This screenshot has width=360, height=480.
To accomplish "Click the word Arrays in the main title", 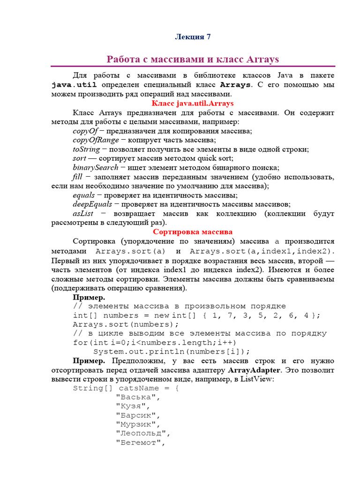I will (x=260, y=60).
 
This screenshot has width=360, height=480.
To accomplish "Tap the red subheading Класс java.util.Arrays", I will (x=193, y=103).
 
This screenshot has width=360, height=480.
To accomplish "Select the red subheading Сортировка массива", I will (x=193, y=232).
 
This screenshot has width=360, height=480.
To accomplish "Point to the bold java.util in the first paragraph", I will (x=74, y=85).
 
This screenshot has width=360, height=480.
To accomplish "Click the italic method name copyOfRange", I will (x=96, y=140).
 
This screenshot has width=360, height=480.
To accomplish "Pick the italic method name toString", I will (x=86, y=149).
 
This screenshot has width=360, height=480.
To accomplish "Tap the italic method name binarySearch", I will (x=96, y=167).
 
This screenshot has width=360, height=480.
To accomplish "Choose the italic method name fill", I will (x=77, y=177).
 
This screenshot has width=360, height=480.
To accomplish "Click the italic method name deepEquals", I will (x=92, y=204).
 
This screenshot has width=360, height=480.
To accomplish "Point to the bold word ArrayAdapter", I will (x=254, y=370).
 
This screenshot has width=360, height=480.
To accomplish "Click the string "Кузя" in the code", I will (x=132, y=406).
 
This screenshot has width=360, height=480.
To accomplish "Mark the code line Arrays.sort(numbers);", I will (x=123, y=324).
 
